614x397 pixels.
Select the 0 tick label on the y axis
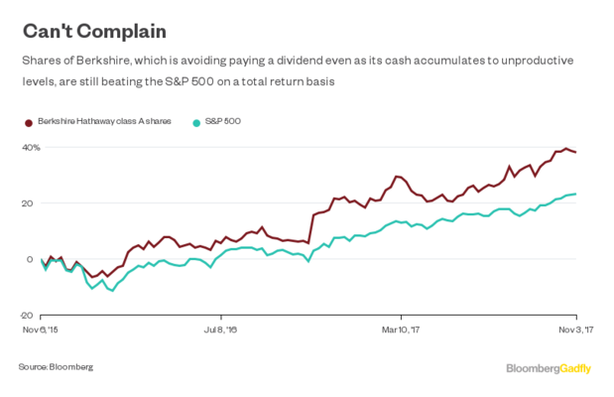point(32,259)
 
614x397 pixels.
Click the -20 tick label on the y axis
point(28,315)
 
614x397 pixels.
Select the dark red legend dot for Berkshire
point(26,121)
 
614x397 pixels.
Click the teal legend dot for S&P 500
point(197,121)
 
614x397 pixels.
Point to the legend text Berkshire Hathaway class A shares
point(105,121)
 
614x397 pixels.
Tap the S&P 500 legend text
point(225,121)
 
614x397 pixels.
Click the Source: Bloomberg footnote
point(55,366)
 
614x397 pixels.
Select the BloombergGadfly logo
point(549,368)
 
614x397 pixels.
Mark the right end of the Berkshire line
point(576,152)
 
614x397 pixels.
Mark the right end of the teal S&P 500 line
point(576,194)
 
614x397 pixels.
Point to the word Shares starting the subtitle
point(41,60)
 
